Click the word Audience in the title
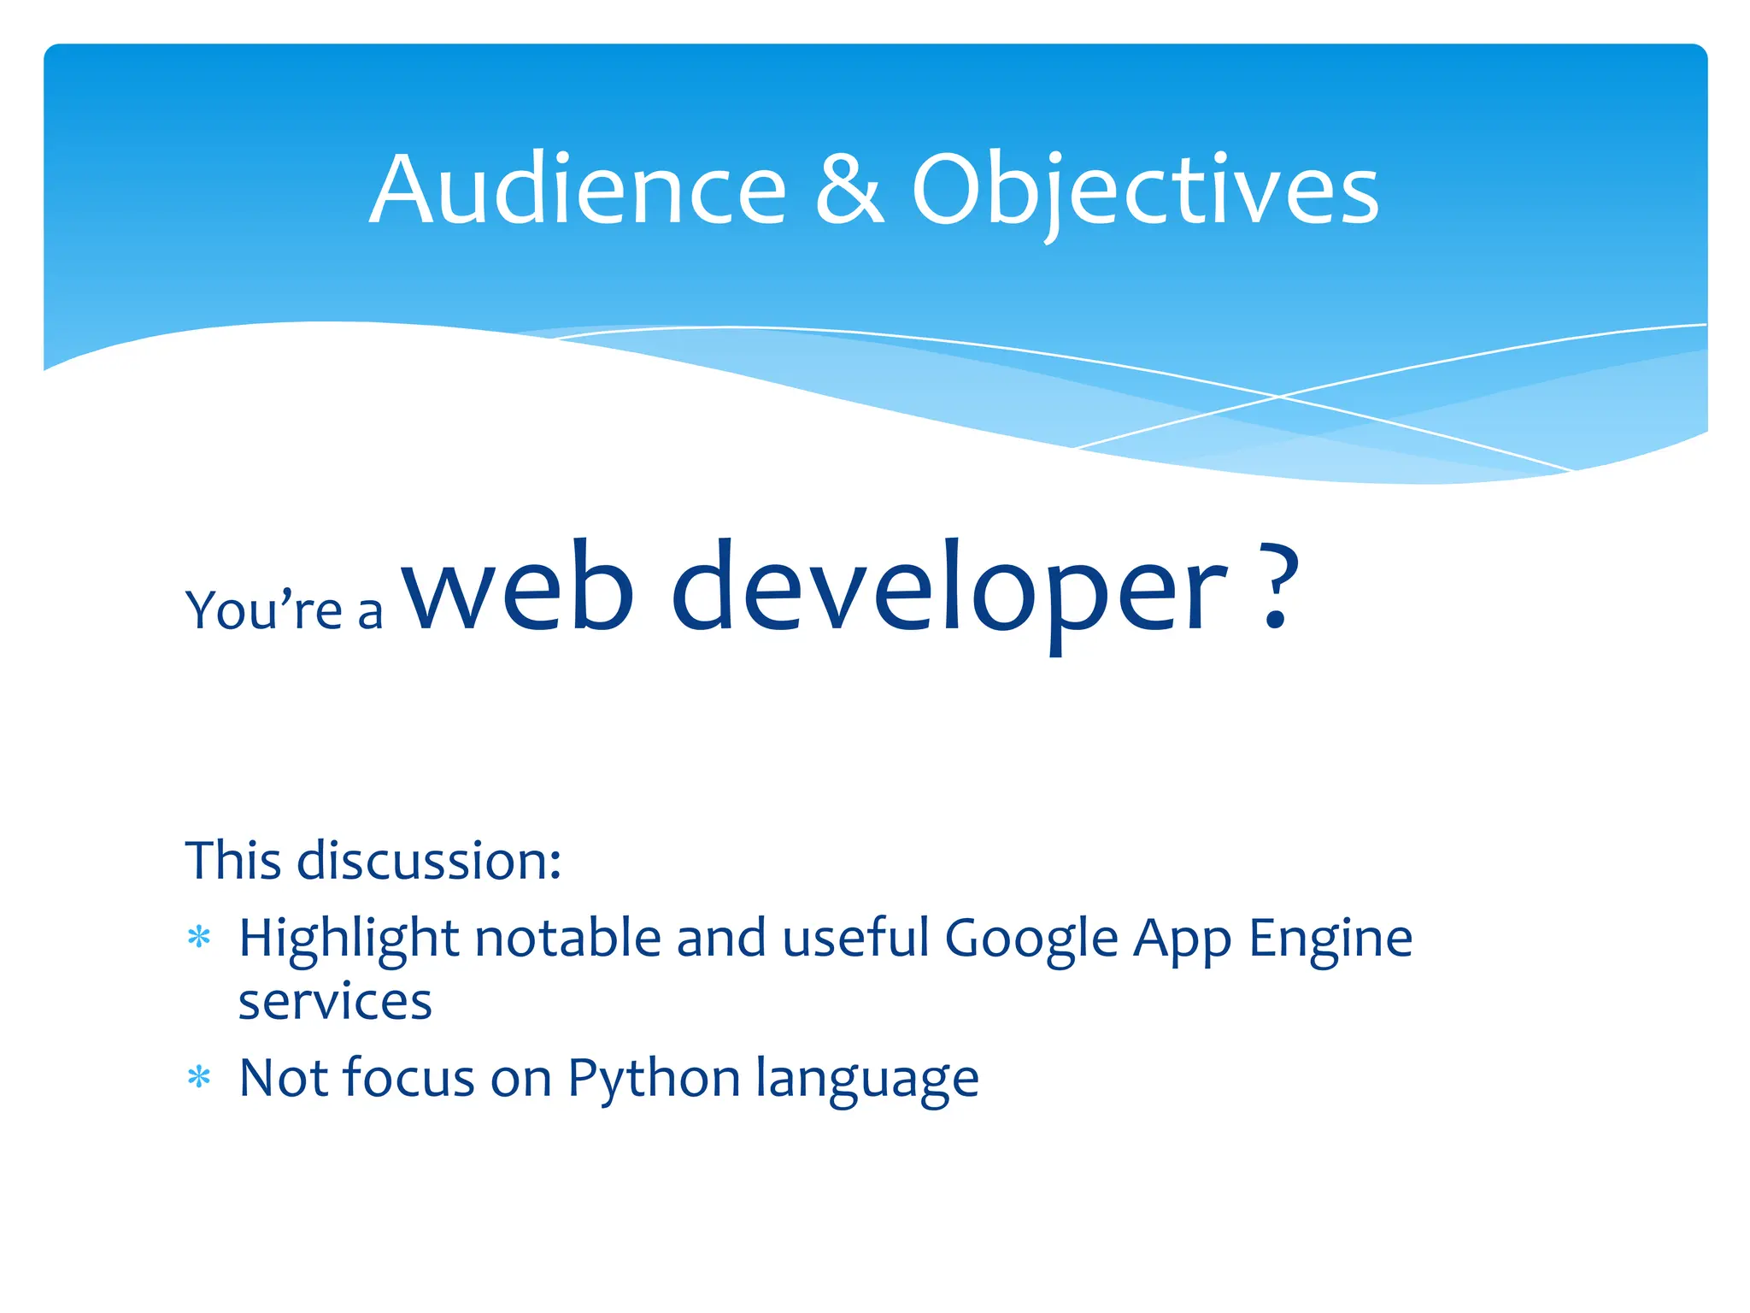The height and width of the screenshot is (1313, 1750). click(578, 190)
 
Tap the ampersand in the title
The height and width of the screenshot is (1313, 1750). click(849, 190)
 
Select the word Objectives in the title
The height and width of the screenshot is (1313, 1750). click(1145, 190)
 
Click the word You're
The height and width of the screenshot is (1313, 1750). click(264, 610)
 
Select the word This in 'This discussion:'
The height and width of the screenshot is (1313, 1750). click(233, 860)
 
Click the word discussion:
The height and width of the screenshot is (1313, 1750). click(429, 860)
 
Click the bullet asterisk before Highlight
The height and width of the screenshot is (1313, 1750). click(199, 939)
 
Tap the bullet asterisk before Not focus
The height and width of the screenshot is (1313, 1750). click(199, 1078)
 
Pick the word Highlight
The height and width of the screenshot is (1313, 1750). click(349, 939)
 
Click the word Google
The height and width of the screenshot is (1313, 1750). click(1031, 939)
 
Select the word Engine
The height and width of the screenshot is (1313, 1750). click(1330, 939)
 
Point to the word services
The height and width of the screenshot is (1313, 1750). click(335, 1002)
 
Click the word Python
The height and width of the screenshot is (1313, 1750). click(654, 1078)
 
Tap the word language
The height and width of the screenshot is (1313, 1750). click(867, 1078)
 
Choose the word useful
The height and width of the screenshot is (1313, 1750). click(855, 939)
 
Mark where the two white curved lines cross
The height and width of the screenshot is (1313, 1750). click(1279, 397)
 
